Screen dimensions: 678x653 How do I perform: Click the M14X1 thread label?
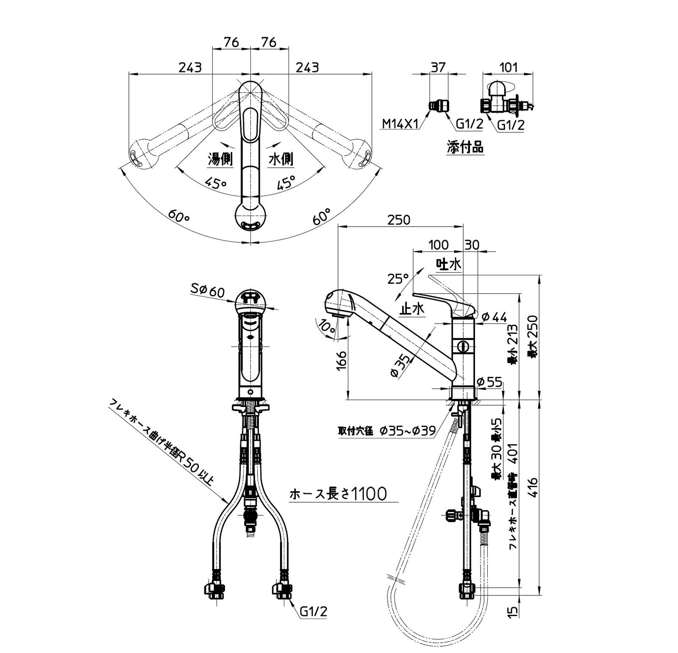(x=400, y=124)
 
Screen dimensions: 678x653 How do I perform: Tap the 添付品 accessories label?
(x=465, y=147)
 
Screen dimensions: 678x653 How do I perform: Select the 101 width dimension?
(x=508, y=67)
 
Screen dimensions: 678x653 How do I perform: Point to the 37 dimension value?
(x=438, y=67)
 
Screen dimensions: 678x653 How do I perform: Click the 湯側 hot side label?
(x=220, y=159)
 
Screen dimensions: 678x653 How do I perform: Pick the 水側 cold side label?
(x=281, y=159)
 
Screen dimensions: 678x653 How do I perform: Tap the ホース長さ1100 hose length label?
(x=338, y=493)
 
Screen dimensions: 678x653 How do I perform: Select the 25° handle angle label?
(x=398, y=279)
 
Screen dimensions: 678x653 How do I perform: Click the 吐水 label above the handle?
(x=449, y=264)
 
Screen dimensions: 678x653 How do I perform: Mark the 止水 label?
(x=412, y=309)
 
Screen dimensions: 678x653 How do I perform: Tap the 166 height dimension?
(x=343, y=360)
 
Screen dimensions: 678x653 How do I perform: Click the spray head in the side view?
(x=340, y=304)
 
